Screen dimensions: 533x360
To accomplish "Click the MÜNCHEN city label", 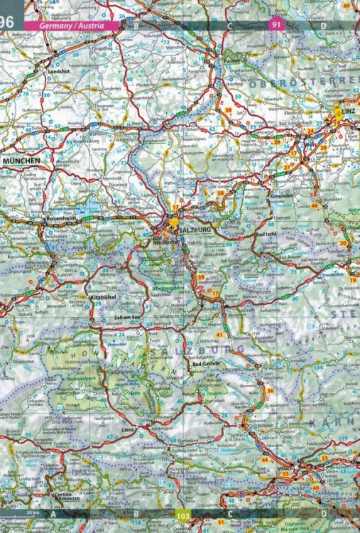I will [22, 162].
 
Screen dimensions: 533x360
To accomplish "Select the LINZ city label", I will [347, 113].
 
